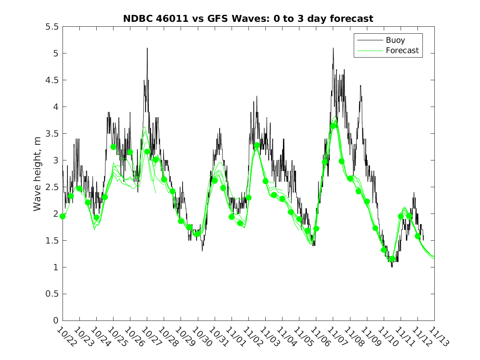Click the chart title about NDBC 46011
click(x=248, y=19)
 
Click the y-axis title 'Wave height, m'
click(x=37, y=173)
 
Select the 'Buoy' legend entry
click(x=395, y=40)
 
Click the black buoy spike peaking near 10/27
click(x=147, y=49)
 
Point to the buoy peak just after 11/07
click(x=333, y=49)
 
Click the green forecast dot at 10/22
click(x=63, y=216)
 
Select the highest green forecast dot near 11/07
click(x=333, y=126)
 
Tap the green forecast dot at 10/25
click(x=114, y=147)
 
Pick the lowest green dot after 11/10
click(x=392, y=259)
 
